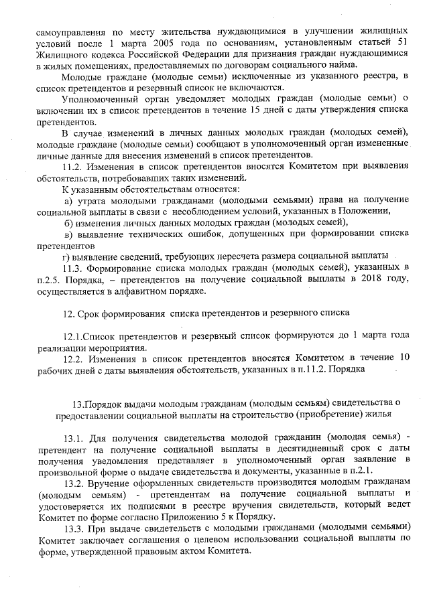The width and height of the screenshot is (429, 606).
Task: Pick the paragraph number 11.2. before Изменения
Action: (72, 167)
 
